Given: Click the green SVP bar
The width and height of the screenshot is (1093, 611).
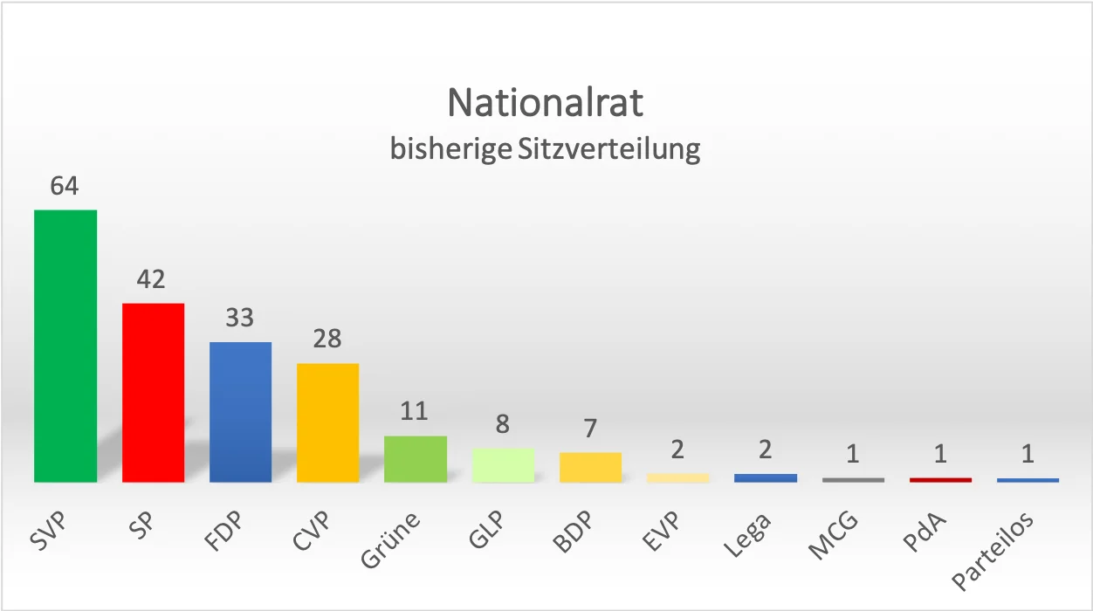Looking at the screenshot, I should point(65,346).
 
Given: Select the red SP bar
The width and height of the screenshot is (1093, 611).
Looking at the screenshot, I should point(153,393).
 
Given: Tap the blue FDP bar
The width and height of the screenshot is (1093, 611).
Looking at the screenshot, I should point(240,412).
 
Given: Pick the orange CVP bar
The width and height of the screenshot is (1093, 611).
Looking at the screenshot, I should point(327,422).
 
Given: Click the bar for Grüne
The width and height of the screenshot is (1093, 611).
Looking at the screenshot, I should point(416,459).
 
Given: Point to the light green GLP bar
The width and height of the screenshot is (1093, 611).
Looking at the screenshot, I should point(503,465).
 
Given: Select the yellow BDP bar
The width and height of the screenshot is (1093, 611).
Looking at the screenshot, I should point(590,467).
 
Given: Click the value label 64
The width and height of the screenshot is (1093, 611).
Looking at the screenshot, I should point(65,186).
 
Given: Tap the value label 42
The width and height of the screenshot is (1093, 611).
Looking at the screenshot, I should point(153,279).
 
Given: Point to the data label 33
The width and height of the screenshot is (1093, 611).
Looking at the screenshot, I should point(240,318).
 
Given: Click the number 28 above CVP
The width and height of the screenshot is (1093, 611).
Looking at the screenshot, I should point(327,339).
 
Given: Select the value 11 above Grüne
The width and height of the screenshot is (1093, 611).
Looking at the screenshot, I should point(416,411).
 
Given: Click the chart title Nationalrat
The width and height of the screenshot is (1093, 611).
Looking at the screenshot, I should point(546,103).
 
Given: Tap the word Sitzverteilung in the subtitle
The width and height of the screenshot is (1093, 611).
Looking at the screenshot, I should point(609,149).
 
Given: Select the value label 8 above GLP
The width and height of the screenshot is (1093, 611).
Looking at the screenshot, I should point(503,424).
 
